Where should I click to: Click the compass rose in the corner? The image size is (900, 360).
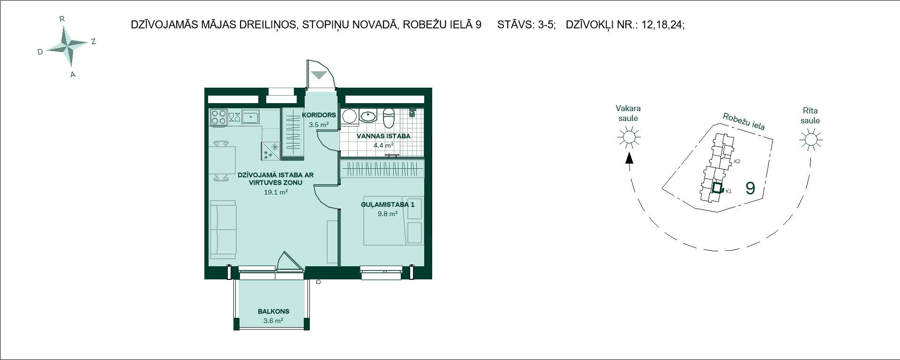[x=68, y=45]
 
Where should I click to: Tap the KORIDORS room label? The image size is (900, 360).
[x=319, y=115]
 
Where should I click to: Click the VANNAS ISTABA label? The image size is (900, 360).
[x=383, y=136]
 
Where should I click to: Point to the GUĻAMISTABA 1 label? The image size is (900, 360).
[x=388, y=204]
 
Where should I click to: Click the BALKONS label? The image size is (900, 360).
[x=273, y=311]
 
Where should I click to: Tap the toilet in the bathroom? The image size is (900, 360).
[x=389, y=119]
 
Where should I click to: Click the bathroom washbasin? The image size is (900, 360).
[x=369, y=117]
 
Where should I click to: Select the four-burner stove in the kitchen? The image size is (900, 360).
[x=218, y=117]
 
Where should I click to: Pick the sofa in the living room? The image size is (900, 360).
[x=223, y=230]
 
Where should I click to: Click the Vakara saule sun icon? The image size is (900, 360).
[x=629, y=137]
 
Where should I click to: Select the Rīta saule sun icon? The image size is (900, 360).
[x=810, y=140]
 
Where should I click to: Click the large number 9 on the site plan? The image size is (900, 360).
[x=750, y=188]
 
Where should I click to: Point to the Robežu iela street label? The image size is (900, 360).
[x=744, y=121]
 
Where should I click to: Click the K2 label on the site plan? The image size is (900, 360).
[x=737, y=161]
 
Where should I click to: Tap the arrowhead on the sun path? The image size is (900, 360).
[x=629, y=157]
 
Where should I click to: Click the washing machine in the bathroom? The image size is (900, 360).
[x=349, y=117]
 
